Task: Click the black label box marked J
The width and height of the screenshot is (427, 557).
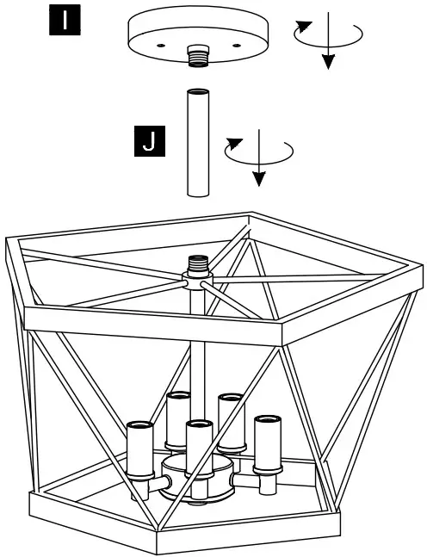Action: pos(150,141)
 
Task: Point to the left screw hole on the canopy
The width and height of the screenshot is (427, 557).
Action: pos(160,42)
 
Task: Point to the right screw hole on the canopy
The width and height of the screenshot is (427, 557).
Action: pos(235,42)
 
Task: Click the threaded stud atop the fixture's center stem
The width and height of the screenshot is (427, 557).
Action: pos(199,261)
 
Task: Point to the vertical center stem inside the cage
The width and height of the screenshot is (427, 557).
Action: pos(198,344)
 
